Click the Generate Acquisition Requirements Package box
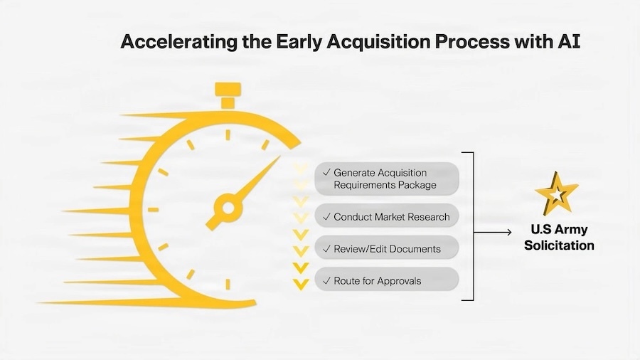(x=388, y=179)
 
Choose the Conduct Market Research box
(x=388, y=216)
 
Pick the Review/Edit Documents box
(x=388, y=248)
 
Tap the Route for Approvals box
(x=388, y=281)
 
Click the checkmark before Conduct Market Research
(x=326, y=216)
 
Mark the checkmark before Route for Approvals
(x=326, y=281)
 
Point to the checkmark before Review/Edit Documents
(x=326, y=248)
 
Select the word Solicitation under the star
(x=562, y=245)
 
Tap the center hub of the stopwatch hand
(x=229, y=208)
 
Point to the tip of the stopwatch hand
(x=277, y=159)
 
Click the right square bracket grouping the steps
(x=471, y=226)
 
